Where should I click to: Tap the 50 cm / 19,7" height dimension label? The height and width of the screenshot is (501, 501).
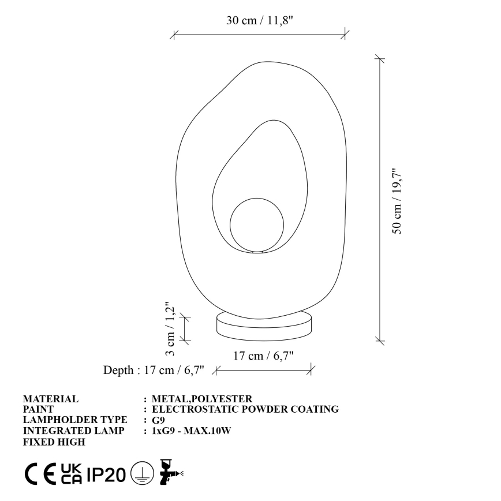(x=397, y=201)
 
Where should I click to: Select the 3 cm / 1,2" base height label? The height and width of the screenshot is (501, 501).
(x=170, y=330)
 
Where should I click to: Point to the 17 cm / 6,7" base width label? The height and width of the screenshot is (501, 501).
(x=263, y=356)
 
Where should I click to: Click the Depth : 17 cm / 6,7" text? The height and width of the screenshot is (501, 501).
(x=154, y=370)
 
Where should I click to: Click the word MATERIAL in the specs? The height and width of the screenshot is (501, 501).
(x=50, y=399)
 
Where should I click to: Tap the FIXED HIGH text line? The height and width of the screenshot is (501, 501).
(x=54, y=442)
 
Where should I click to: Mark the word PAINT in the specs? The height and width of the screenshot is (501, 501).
(x=38, y=409)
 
